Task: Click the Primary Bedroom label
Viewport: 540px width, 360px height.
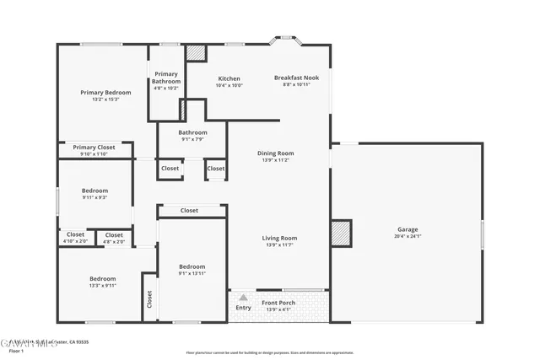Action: click(x=105, y=92)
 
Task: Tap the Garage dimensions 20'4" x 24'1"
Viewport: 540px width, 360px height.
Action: click(x=408, y=237)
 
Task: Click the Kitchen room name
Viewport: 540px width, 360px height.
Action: click(x=229, y=78)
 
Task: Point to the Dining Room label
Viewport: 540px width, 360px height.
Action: click(x=275, y=153)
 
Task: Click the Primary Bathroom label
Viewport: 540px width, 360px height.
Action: click(x=166, y=78)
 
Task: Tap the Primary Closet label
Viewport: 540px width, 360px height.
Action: click(x=94, y=147)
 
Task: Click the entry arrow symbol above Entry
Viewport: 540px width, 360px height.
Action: click(x=243, y=298)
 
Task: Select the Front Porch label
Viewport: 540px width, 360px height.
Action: click(x=278, y=303)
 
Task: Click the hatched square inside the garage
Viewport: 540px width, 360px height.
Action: click(x=340, y=233)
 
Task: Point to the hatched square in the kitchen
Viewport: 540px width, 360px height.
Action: click(x=196, y=52)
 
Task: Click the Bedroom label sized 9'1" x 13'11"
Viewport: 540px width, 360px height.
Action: click(x=192, y=266)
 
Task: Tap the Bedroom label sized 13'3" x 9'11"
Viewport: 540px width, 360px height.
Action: click(x=102, y=278)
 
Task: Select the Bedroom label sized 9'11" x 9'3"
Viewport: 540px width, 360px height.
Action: click(x=94, y=191)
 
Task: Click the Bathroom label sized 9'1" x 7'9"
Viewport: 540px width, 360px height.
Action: click(x=192, y=132)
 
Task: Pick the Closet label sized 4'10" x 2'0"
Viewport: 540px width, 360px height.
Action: click(x=75, y=234)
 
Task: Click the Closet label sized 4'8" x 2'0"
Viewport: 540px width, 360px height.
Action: click(x=114, y=234)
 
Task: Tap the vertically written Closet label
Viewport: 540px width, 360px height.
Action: click(x=150, y=298)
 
